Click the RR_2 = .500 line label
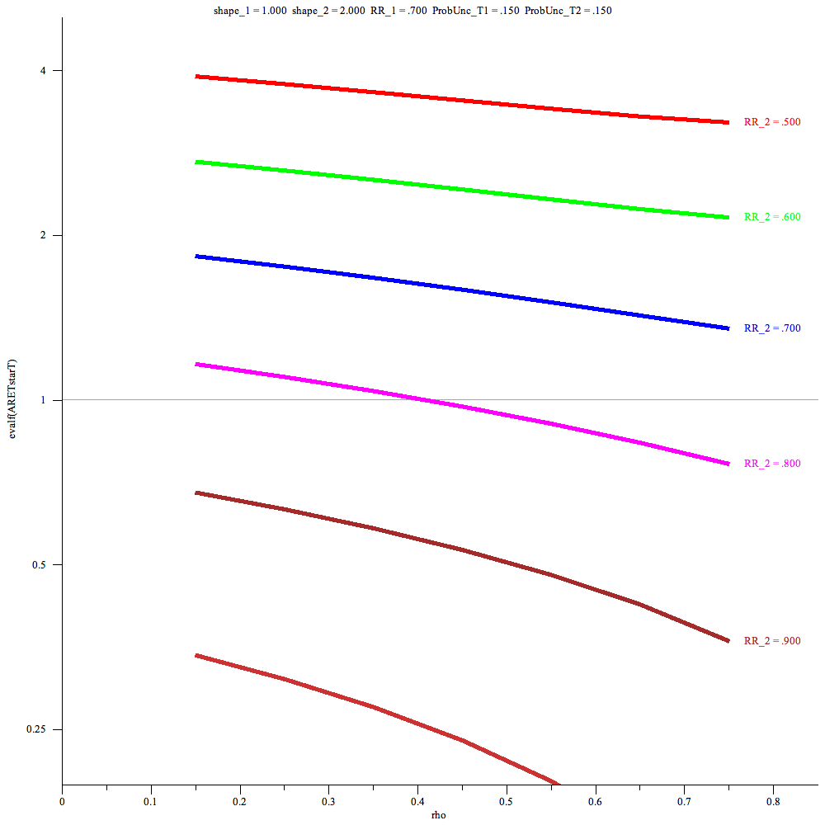coord(772,122)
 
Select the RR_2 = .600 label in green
coord(772,217)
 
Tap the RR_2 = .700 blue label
coord(772,328)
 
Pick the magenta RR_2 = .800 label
coord(772,464)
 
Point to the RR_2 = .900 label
coord(772,641)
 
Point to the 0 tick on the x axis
coord(62,800)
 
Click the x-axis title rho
coord(439,815)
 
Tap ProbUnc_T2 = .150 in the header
coord(568,11)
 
